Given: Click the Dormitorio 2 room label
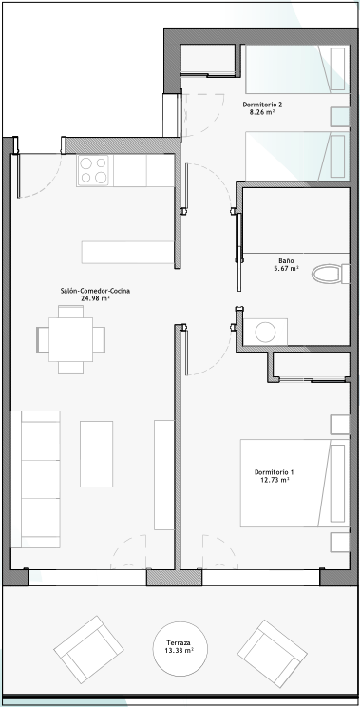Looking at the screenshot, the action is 263,105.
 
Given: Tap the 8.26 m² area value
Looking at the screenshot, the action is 262,112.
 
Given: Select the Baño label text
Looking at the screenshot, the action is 286,260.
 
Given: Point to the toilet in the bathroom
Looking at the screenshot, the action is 331,274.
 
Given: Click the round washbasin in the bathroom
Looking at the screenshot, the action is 265,333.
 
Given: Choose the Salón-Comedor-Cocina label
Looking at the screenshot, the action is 95,291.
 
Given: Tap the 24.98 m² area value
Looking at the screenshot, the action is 96,298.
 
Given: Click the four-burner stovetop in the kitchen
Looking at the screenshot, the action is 93,170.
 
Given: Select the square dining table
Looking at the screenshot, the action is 70,339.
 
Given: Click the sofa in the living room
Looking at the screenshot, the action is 35,479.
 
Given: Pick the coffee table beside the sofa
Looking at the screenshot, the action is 97,454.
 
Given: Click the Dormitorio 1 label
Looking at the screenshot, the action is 274,472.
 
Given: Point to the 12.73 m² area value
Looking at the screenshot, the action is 275,480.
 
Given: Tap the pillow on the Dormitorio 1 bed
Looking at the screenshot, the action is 337,484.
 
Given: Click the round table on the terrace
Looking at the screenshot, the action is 180,648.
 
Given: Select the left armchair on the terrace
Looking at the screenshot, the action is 88,650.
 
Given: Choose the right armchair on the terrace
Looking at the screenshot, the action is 273,654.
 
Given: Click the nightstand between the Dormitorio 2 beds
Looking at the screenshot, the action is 340,117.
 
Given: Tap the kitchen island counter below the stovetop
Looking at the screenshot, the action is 128,252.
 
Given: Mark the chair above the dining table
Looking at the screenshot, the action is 70,312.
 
